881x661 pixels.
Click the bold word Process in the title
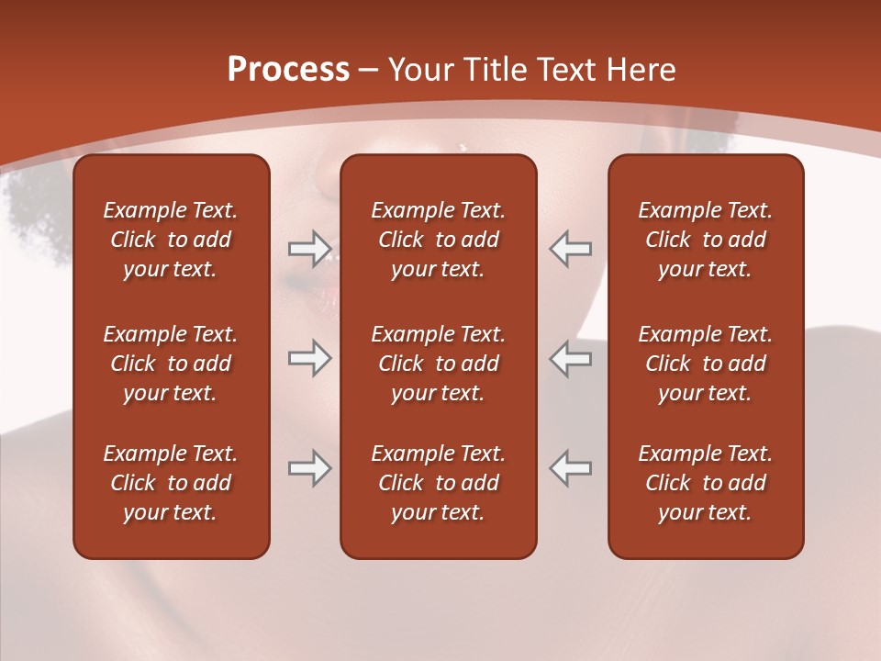point(288,70)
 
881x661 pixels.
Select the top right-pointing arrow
point(309,248)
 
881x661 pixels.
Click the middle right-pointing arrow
point(309,358)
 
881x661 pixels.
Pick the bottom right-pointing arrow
point(309,468)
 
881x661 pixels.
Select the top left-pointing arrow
point(571,248)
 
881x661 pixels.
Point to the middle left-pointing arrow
point(571,358)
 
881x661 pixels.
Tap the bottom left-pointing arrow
point(571,468)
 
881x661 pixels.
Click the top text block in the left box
point(171,240)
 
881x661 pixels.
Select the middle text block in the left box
point(171,364)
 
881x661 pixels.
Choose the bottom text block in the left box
point(171,483)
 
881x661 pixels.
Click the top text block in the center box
point(439,240)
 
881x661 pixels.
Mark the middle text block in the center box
point(439,364)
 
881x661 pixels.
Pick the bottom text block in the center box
point(439,483)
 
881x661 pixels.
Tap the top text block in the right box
point(706,240)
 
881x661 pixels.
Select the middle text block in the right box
point(706,364)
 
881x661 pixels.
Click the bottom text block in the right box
point(706,483)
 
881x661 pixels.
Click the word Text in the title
point(566,70)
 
